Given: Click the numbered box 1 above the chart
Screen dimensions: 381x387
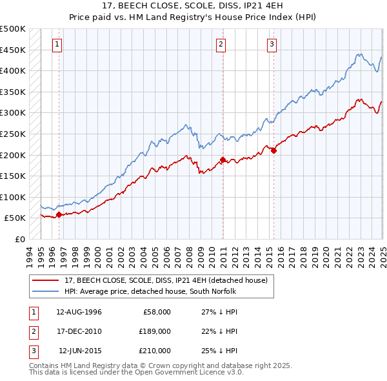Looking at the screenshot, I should (x=58, y=45).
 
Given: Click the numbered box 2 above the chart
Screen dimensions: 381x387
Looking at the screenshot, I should (x=221, y=45).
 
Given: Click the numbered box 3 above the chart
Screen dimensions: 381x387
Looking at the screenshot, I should (x=272, y=45).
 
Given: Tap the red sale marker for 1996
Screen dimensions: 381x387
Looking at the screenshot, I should (x=59, y=214).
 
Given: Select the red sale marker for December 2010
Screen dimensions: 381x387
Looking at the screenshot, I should (x=223, y=160).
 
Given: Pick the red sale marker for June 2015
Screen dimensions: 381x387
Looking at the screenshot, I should (x=273, y=150).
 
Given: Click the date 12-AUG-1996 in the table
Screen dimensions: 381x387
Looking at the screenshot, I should (x=79, y=312).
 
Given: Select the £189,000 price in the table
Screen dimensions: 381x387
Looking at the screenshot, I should (x=155, y=331).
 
